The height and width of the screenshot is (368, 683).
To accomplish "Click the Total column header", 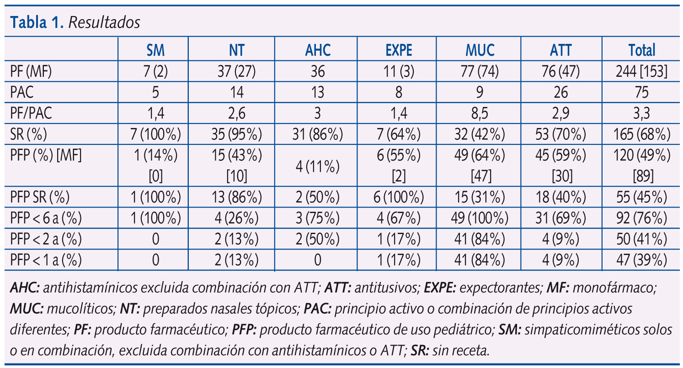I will point(642,50).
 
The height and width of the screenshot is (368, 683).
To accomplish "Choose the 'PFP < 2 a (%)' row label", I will point(46,239).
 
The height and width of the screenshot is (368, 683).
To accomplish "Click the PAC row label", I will point(21,92).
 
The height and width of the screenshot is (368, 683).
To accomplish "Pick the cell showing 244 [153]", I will point(642,71).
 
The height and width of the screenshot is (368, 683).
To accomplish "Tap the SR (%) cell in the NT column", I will point(236,134).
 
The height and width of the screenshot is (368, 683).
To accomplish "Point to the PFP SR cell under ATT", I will point(561,197).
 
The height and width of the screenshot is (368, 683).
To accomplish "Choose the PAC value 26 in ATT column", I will point(561,92).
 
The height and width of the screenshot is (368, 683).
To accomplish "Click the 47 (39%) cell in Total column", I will point(642,260).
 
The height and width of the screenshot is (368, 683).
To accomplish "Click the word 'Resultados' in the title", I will point(104,23).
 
